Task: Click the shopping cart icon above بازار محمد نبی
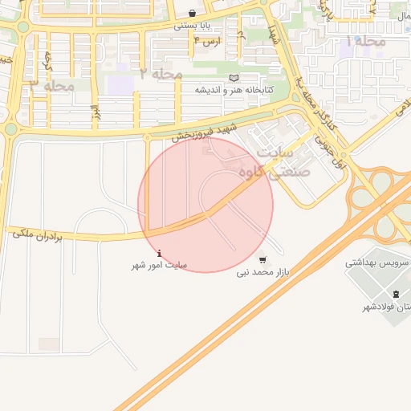coord(262,259)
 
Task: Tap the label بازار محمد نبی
coord(262,273)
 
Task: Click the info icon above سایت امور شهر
coord(158,252)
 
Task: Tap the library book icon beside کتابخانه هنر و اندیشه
coord(234,78)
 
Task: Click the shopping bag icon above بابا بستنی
coord(193,14)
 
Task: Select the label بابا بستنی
coord(193,26)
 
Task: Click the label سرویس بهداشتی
coord(377,262)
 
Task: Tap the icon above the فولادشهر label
coord(396,294)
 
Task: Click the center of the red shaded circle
coord(205,205)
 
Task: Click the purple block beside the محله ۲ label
coord(120,84)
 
